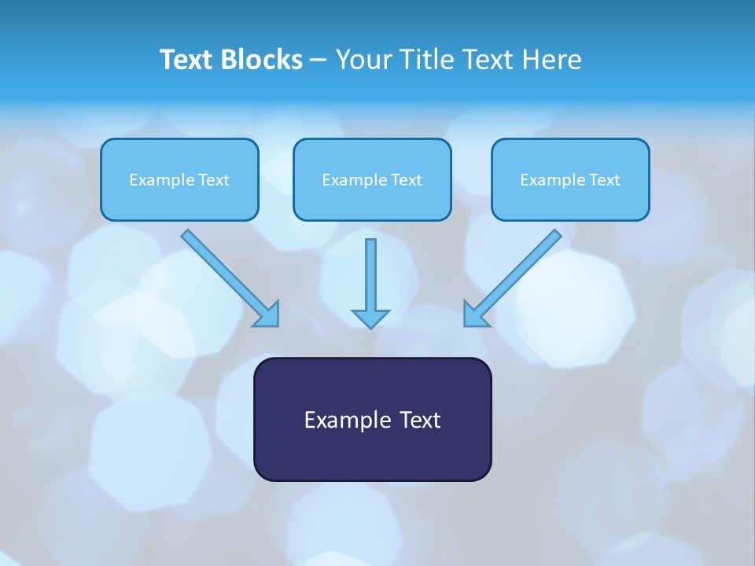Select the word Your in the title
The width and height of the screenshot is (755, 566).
click(x=363, y=60)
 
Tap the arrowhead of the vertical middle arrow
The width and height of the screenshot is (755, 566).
click(x=370, y=318)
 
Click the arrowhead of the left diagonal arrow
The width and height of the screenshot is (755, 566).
click(x=267, y=314)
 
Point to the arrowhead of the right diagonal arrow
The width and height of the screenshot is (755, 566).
click(x=475, y=314)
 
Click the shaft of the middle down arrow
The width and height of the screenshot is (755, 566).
click(x=370, y=271)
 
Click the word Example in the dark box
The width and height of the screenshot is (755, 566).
click(x=347, y=420)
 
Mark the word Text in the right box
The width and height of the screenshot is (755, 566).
click(x=605, y=180)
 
